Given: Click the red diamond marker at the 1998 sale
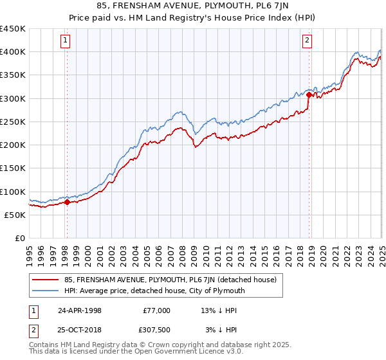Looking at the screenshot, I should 67,203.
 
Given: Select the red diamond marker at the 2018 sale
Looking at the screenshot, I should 309,95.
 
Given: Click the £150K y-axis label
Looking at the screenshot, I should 13,168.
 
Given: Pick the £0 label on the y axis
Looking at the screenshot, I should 20,238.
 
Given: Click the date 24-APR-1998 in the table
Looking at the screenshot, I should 79,310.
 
